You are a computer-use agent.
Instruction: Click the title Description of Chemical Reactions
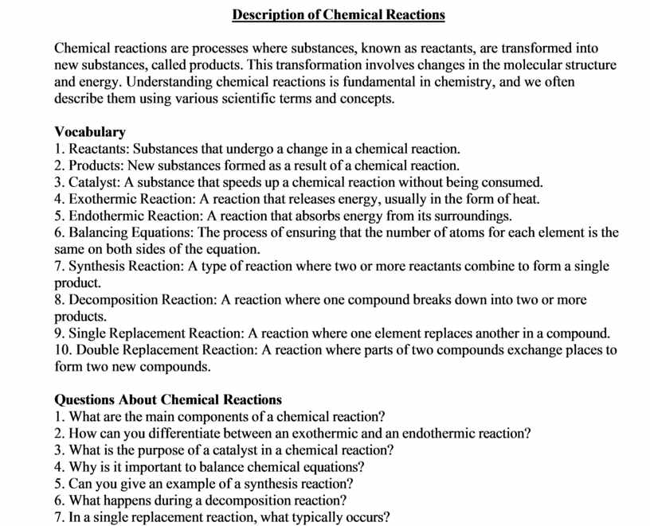click(339, 15)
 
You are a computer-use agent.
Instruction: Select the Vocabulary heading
click(90, 132)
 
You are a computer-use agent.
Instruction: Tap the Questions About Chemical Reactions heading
click(168, 399)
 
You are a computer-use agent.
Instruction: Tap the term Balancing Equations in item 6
click(130, 232)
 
